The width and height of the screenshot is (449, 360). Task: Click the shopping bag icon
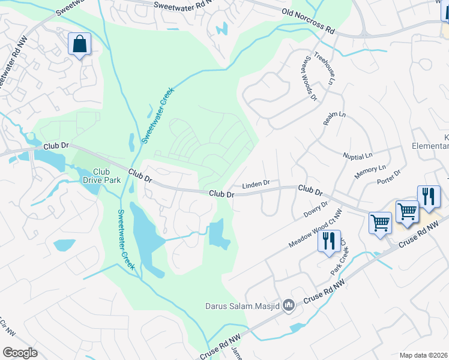point(79,44)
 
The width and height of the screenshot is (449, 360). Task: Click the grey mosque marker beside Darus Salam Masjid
point(289,305)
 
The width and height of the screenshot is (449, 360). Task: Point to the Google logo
point(20,352)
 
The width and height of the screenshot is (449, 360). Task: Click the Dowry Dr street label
point(316,209)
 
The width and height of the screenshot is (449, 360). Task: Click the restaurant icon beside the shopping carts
point(429,196)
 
